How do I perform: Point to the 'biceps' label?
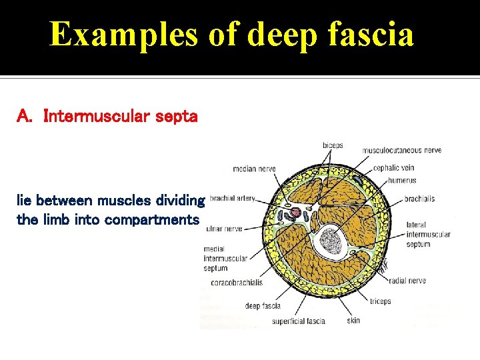333,145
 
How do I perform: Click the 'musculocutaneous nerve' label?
401,150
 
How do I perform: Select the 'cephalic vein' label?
394,168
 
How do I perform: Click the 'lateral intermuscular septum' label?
427,235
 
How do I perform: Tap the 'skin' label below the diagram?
353,321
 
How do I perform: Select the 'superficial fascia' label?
298,321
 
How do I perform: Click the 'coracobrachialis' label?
237,282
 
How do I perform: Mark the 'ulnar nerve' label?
223,228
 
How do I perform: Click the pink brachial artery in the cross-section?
295,213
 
